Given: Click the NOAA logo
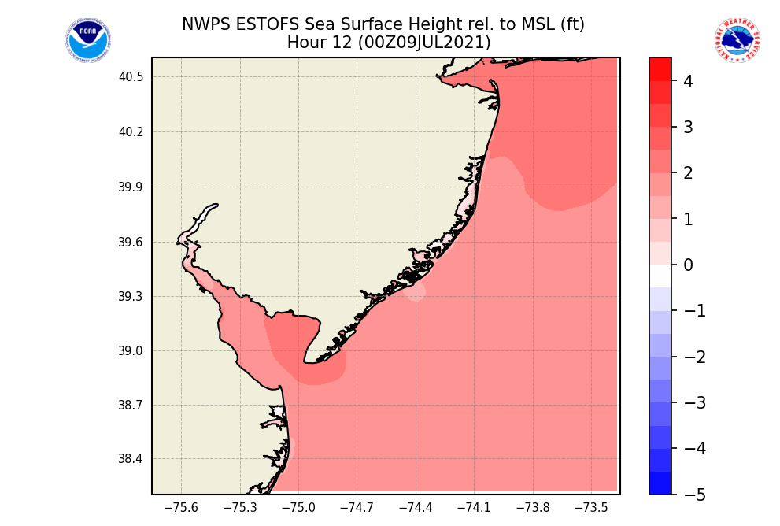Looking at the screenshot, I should (88, 41).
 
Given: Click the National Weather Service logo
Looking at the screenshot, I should (737, 41).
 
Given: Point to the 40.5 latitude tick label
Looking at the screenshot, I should (131, 77).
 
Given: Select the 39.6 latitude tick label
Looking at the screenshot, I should (131, 242).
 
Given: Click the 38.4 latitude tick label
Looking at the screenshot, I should (131, 460).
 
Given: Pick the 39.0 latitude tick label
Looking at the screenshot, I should (131, 351).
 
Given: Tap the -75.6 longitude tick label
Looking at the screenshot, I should (181, 508).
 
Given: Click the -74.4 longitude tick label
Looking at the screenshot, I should (415, 508).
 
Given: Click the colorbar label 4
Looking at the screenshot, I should (687, 81).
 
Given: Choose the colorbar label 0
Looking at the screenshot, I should (687, 265).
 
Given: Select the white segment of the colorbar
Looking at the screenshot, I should (660, 276).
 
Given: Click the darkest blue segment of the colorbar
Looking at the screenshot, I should (660, 483).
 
